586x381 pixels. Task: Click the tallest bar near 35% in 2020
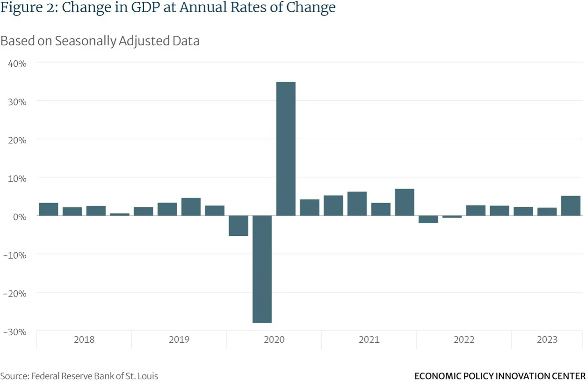(x=285, y=148)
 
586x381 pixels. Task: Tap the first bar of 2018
(x=48, y=209)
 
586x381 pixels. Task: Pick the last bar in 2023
(x=571, y=205)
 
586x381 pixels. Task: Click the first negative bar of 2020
(x=238, y=226)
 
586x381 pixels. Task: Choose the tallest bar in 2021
(x=404, y=202)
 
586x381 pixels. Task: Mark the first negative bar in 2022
(x=428, y=219)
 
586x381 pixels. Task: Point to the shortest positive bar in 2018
(x=119, y=214)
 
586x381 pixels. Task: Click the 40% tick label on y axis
(x=17, y=63)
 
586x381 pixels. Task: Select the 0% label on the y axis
(x=19, y=216)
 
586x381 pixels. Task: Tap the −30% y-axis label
(x=14, y=332)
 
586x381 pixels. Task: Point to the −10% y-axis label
(x=14, y=255)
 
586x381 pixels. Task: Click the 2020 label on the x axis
(x=274, y=339)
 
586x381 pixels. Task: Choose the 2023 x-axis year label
(x=547, y=339)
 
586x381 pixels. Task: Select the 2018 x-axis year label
(x=84, y=339)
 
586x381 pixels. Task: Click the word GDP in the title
(x=151, y=8)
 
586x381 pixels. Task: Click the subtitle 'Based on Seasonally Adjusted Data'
(x=100, y=41)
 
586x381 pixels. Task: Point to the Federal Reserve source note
(x=79, y=376)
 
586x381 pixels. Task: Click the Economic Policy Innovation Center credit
(x=499, y=376)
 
